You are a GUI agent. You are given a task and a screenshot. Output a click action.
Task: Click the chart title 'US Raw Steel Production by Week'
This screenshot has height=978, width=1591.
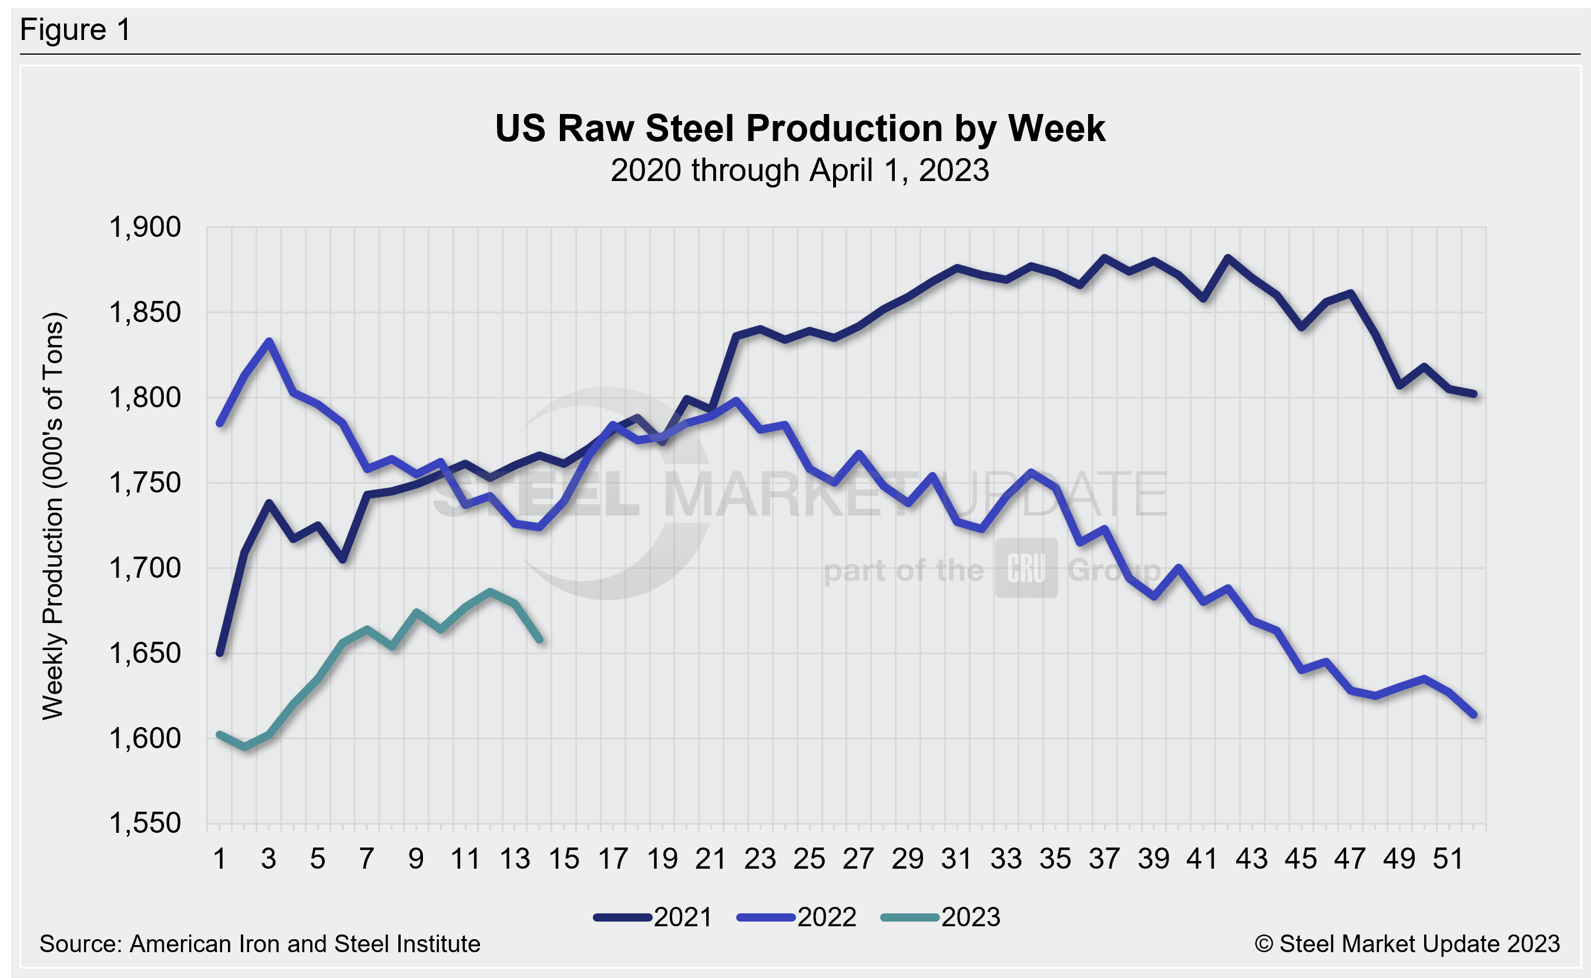(x=800, y=128)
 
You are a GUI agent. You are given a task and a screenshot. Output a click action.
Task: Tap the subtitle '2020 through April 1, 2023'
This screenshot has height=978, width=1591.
(x=800, y=170)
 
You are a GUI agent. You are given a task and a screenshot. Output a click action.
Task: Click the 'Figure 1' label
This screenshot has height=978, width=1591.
(x=75, y=30)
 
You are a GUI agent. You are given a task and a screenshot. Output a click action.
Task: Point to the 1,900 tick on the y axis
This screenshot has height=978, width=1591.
(x=145, y=227)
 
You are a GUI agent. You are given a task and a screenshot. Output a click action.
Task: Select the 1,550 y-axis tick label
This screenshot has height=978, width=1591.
(x=145, y=823)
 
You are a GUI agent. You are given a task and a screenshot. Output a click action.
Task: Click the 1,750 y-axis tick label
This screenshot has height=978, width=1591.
(x=145, y=483)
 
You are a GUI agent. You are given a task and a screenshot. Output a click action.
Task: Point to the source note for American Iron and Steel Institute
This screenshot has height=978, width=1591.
(x=260, y=944)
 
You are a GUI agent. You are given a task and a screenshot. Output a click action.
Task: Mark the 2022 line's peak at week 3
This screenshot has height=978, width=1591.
(x=269, y=341)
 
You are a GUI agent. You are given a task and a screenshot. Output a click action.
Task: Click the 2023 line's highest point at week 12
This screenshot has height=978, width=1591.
(x=491, y=591)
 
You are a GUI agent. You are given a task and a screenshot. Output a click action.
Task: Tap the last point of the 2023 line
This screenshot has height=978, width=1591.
(x=540, y=639)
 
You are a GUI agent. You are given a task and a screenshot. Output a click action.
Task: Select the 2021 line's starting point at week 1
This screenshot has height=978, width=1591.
(x=220, y=654)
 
